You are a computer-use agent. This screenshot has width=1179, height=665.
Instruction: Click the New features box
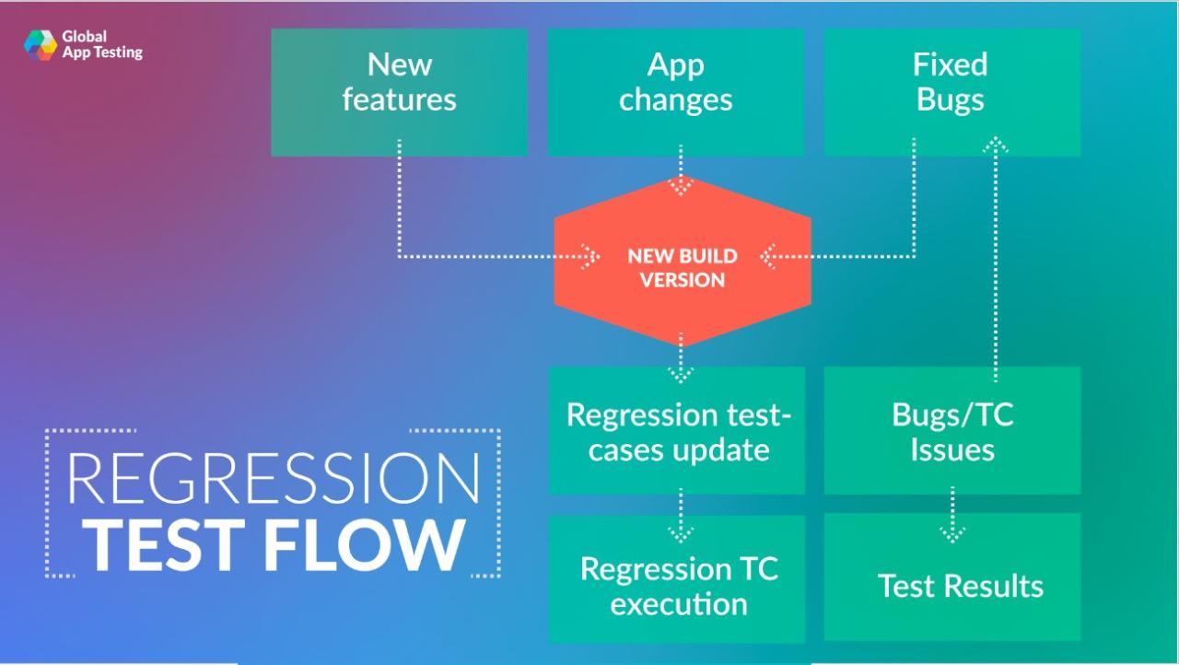[399, 91]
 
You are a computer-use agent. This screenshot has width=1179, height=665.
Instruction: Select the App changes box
[675, 91]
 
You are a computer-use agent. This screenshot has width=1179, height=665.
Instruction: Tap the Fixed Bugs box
[951, 91]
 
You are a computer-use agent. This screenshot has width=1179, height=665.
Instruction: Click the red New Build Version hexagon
[682, 267]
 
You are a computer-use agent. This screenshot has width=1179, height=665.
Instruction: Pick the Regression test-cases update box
[677, 431]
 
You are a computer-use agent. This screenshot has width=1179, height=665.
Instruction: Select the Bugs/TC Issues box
[951, 431]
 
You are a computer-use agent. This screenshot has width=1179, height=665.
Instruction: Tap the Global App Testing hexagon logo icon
[41, 45]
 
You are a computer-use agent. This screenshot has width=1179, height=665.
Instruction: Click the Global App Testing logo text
[101, 45]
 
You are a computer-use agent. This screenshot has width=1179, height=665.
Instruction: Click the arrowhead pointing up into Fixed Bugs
[995, 145]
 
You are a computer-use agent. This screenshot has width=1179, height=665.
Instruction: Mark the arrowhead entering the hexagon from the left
[589, 256]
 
